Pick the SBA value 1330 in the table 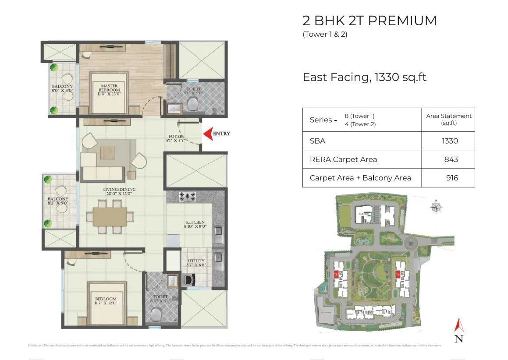[x=450, y=141]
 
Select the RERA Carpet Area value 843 [x=451, y=159]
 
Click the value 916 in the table [x=451, y=178]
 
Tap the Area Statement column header [x=448, y=119]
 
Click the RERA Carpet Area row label [x=343, y=159]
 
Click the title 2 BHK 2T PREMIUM [x=369, y=21]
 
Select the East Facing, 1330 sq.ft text [x=364, y=78]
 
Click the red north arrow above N [x=458, y=325]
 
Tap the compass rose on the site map [x=436, y=206]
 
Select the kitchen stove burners [x=188, y=197]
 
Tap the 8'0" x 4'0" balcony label [x=62, y=89]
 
